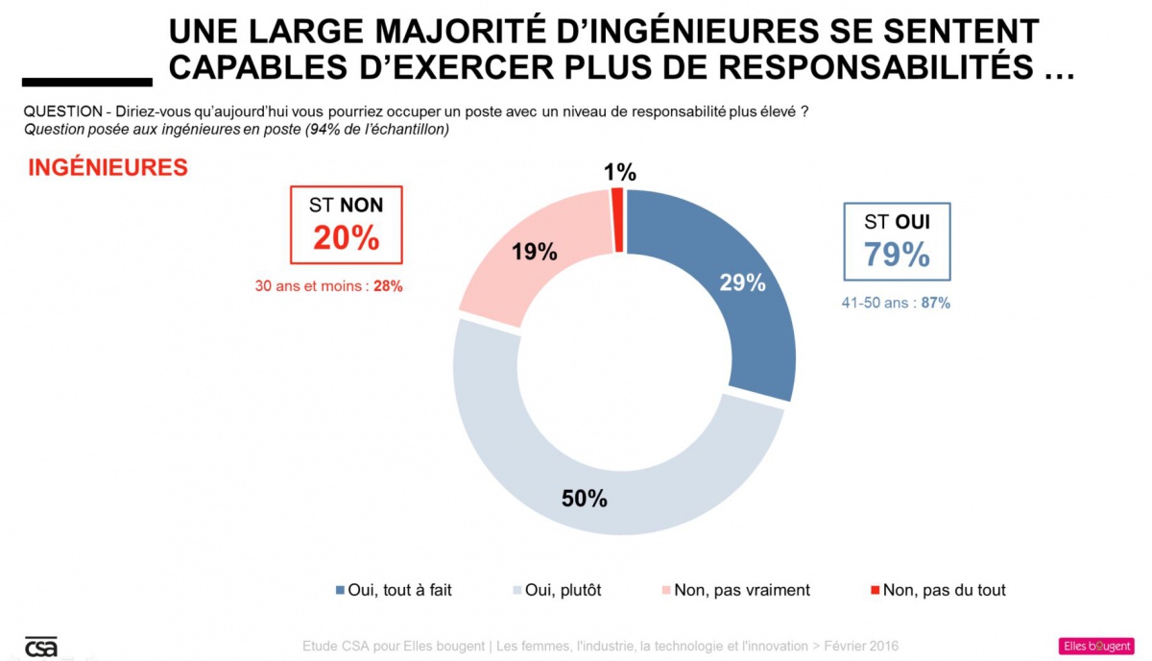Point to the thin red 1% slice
(617, 220)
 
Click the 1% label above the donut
(620, 173)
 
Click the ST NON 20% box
(346, 225)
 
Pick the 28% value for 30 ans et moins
(388, 286)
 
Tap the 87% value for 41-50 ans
(935, 303)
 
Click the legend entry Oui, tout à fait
(394, 590)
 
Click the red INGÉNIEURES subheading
(108, 167)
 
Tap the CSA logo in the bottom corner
(40, 647)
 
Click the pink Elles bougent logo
(1095, 646)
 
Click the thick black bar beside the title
(86, 82)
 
